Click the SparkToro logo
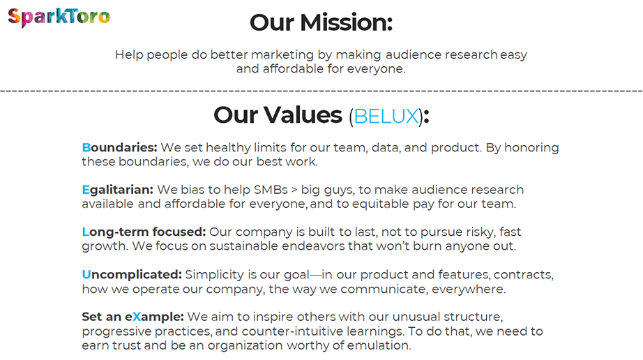(x=59, y=17)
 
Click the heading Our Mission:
(x=321, y=22)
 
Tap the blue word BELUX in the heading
(x=386, y=115)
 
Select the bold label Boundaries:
(x=119, y=148)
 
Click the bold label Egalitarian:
(x=117, y=190)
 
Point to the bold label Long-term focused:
(x=144, y=232)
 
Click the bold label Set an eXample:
(x=133, y=317)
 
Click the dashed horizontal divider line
(x=321, y=91)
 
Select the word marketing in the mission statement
(x=291, y=54)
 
